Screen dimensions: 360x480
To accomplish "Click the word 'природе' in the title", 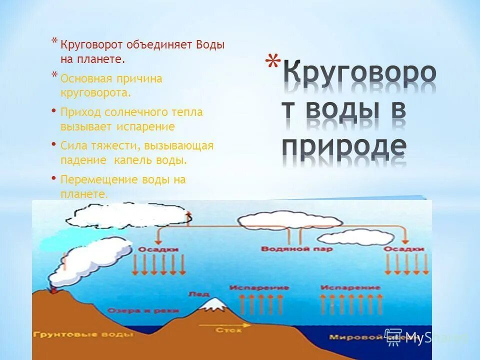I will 344,146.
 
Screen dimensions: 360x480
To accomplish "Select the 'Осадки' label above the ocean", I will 404,249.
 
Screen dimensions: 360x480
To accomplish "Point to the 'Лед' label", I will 195,294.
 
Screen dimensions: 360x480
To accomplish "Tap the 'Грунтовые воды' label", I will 83,334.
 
